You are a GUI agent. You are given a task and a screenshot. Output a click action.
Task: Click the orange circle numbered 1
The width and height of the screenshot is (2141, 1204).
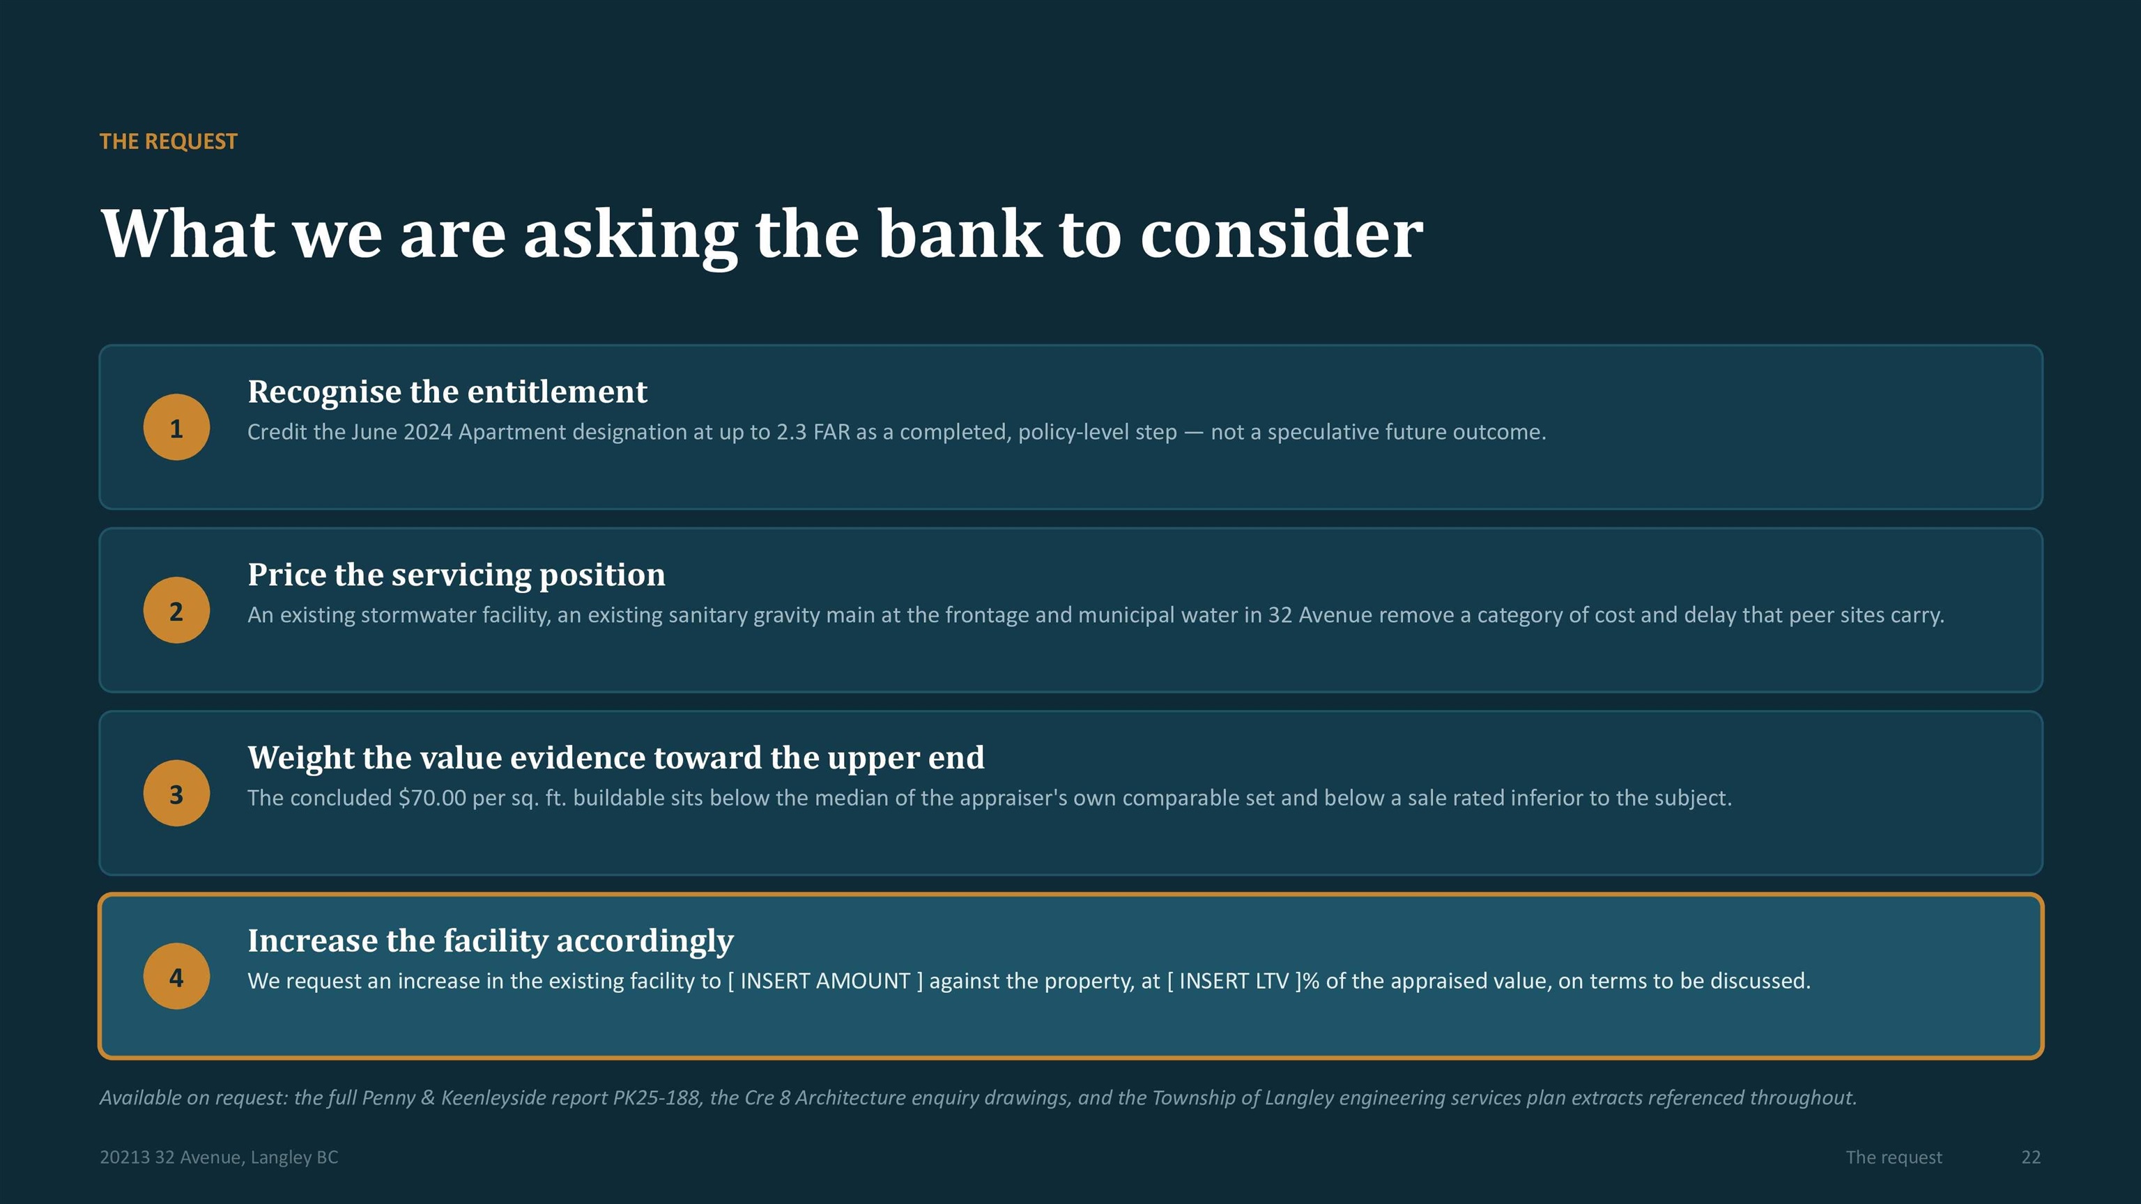tap(176, 427)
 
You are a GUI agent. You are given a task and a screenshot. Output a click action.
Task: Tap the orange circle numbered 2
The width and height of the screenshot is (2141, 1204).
tap(176, 610)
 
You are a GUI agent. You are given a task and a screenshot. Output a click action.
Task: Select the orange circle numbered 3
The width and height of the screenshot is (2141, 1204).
tap(176, 793)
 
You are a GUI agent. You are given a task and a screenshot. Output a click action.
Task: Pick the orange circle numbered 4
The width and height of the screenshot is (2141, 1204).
tap(176, 975)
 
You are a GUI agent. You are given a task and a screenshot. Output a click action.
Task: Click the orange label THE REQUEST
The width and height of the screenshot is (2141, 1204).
tap(169, 141)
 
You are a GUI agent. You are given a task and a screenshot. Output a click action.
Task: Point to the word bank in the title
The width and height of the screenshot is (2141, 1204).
tap(959, 233)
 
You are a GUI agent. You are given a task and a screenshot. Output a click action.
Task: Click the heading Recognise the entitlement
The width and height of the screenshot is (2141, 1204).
tap(447, 392)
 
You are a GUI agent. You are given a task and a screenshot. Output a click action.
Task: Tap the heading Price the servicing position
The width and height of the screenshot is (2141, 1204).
tap(456, 574)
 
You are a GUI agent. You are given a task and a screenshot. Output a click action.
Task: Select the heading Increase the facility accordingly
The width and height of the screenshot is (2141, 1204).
tap(491, 941)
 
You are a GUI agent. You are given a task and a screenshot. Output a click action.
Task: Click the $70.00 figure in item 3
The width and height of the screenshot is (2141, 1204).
tap(432, 798)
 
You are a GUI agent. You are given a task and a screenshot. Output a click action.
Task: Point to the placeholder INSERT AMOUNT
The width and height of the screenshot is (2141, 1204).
tap(825, 980)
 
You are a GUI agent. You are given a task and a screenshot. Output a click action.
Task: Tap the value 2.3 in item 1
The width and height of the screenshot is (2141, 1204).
tap(791, 432)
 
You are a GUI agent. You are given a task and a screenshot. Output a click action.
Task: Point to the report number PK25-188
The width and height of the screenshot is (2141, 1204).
tap(656, 1097)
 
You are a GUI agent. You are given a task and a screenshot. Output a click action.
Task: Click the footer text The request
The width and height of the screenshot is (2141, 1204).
tap(1894, 1157)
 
